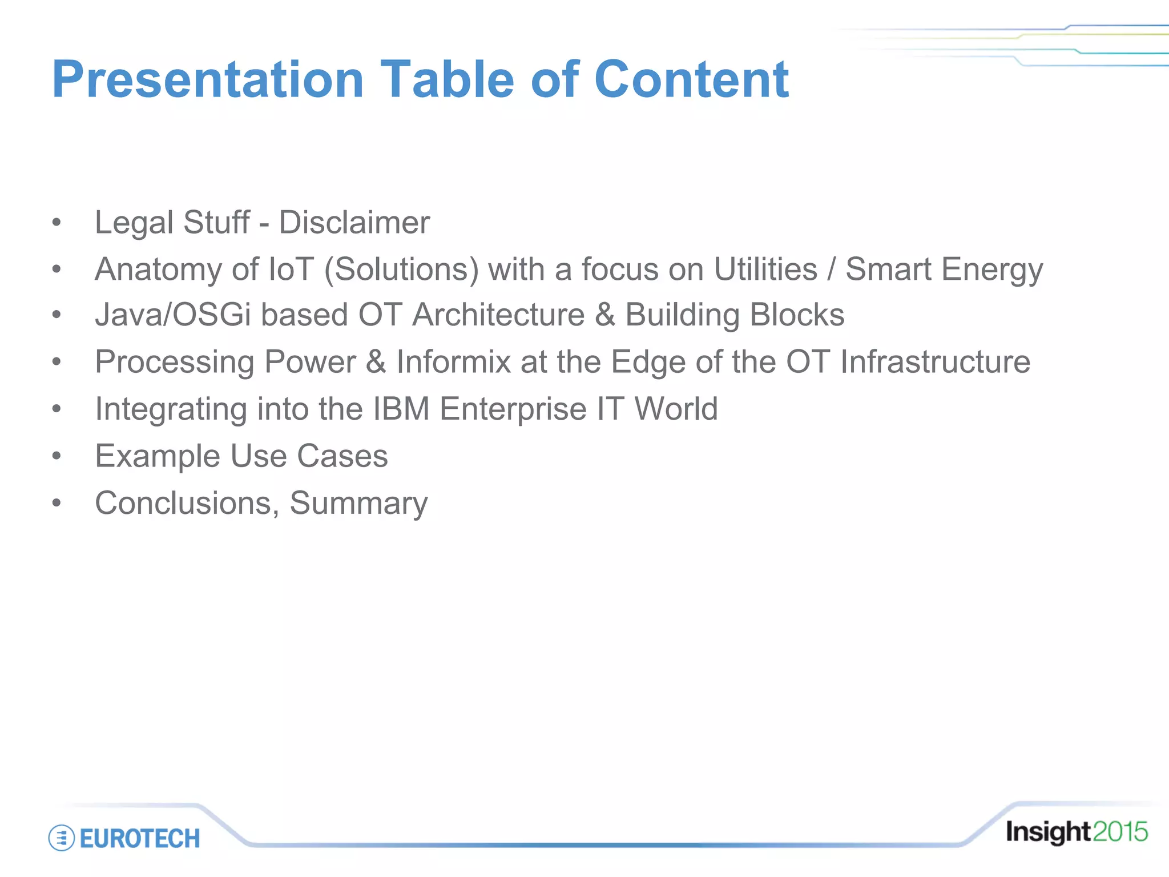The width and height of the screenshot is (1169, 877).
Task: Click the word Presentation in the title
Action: pos(208,80)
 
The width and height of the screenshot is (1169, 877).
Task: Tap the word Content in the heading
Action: pos(691,80)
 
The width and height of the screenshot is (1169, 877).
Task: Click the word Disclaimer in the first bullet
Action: pos(354,223)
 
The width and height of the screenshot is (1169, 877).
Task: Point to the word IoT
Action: pos(291,269)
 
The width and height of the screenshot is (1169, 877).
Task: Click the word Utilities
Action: pos(765,269)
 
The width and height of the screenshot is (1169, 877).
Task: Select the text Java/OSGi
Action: pos(173,315)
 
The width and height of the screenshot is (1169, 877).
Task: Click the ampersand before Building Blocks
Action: pos(605,315)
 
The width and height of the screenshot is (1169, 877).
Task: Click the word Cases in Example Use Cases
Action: pos(342,456)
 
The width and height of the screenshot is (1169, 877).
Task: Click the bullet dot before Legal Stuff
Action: pos(56,223)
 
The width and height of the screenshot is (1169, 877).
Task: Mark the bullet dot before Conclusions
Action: pos(56,503)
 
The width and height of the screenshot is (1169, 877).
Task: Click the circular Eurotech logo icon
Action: pos(62,838)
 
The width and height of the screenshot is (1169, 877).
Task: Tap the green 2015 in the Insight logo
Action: pos(1119,832)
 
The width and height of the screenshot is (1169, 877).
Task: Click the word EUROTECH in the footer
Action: pos(140,839)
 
